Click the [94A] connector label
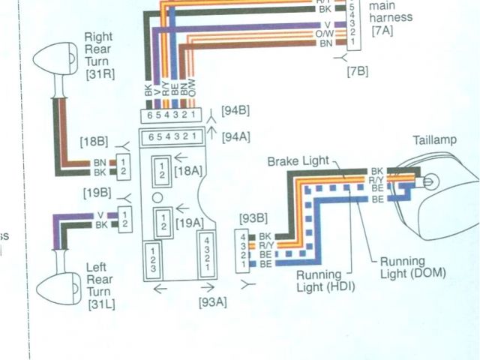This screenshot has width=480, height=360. (236, 136)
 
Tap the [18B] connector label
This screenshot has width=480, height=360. (94, 142)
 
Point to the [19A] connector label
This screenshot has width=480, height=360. (187, 222)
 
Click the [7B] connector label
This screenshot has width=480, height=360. (358, 70)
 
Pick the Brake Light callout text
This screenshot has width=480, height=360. (301, 162)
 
